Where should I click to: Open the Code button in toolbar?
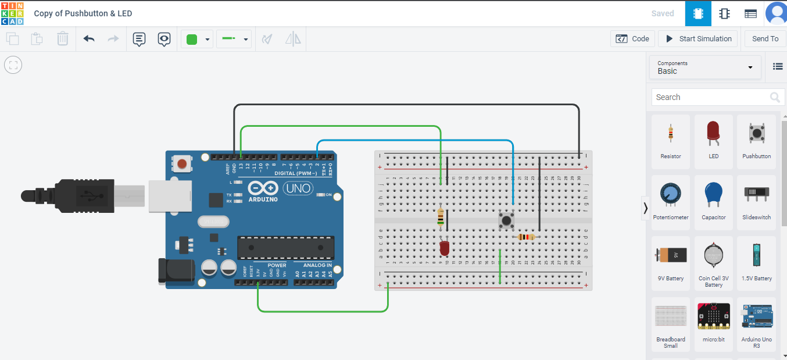[x=633, y=39]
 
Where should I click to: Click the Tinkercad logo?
[x=12, y=13]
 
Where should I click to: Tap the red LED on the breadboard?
[x=445, y=248]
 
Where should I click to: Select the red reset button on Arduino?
[x=183, y=164]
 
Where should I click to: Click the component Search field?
[x=712, y=97]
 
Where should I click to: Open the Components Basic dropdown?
[x=705, y=67]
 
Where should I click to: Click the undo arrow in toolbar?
[x=89, y=39]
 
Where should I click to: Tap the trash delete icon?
[x=63, y=39]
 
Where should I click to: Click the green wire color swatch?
[x=192, y=40]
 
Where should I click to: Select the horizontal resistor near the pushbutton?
[x=527, y=237]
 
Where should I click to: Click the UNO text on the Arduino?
[x=298, y=188]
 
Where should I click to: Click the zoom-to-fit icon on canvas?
[x=13, y=65]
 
